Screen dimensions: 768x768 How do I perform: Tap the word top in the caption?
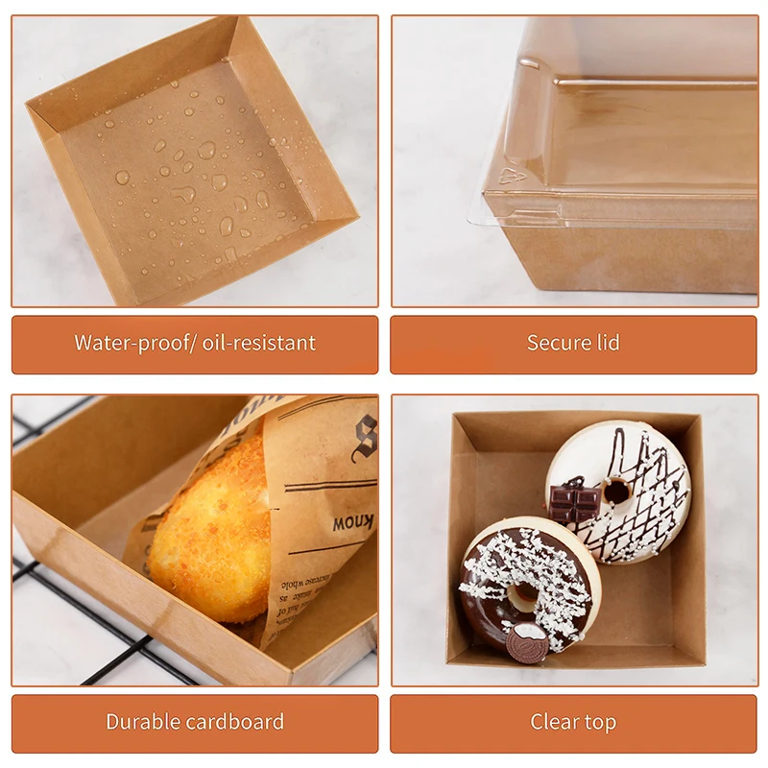[x=601, y=722]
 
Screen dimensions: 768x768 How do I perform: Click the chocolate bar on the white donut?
[x=573, y=500]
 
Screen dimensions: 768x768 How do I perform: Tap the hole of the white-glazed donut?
[x=616, y=491]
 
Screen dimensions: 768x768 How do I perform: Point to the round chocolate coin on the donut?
[x=528, y=641]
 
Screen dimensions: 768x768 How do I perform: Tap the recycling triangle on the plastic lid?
[x=513, y=174]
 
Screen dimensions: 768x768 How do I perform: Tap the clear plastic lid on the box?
[x=634, y=115]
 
